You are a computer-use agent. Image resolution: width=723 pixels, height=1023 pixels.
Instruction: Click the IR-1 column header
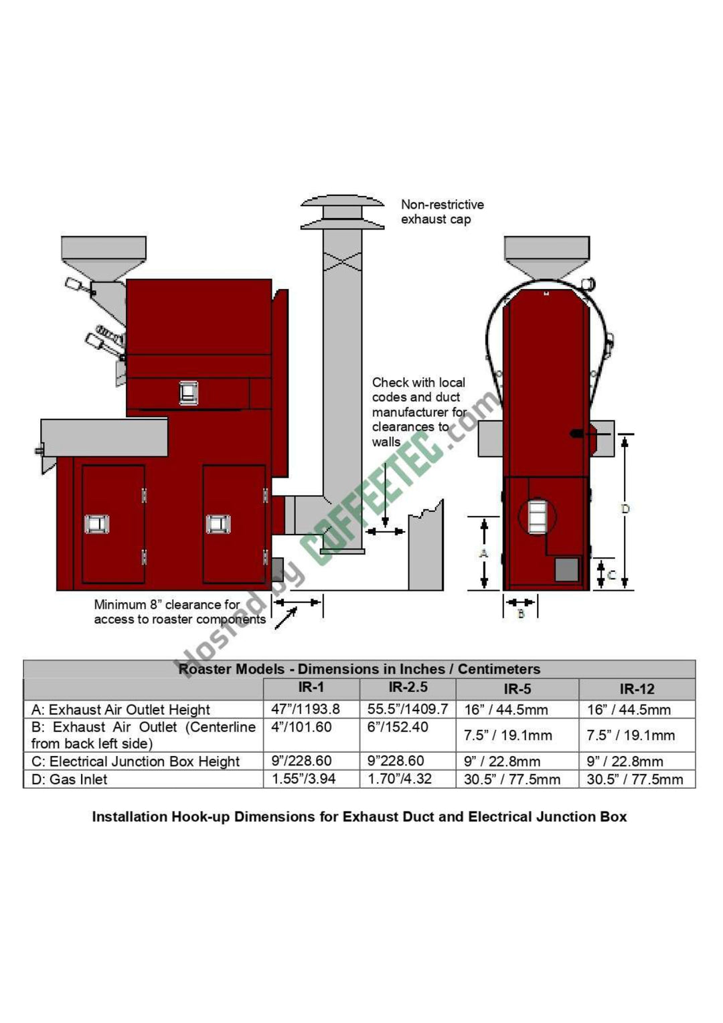pyautogui.click(x=311, y=688)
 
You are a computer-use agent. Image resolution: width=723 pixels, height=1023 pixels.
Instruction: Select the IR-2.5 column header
pyautogui.click(x=408, y=688)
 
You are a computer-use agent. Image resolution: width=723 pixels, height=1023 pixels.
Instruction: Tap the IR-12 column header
pyautogui.click(x=637, y=689)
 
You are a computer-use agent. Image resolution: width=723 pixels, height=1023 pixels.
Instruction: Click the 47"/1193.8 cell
pyautogui.click(x=305, y=709)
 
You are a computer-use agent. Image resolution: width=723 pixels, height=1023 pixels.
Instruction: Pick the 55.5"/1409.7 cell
pyautogui.click(x=408, y=709)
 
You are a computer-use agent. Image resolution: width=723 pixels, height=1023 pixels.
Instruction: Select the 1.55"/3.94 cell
pyautogui.click(x=303, y=779)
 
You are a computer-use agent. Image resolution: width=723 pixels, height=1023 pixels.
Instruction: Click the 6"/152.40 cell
pyautogui.click(x=398, y=727)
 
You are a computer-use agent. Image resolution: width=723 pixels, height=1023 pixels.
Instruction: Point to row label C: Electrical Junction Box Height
pyautogui.click(x=135, y=761)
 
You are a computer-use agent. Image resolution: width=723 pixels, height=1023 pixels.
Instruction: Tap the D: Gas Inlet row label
pyautogui.click(x=70, y=779)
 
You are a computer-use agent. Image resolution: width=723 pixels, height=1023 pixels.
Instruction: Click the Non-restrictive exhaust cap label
pyautogui.click(x=442, y=212)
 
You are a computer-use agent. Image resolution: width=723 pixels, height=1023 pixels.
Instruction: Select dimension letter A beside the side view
pyautogui.click(x=483, y=554)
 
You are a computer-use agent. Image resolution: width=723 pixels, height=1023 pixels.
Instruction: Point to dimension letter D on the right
pyautogui.click(x=625, y=509)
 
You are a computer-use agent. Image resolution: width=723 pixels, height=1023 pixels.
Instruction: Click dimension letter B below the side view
pyautogui.click(x=521, y=614)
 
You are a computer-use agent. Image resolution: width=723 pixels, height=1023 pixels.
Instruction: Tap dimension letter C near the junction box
pyautogui.click(x=611, y=575)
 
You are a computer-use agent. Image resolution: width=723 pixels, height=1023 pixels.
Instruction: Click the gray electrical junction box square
pyautogui.click(x=566, y=569)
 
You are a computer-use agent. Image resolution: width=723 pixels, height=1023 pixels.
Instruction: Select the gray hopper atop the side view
pyautogui.click(x=546, y=254)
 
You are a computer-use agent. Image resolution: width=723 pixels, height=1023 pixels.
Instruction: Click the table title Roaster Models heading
pyautogui.click(x=359, y=669)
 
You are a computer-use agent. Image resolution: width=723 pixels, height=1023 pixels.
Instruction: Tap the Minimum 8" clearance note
pyautogui.click(x=179, y=612)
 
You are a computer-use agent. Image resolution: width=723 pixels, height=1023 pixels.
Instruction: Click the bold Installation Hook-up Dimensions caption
pyautogui.click(x=359, y=817)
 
